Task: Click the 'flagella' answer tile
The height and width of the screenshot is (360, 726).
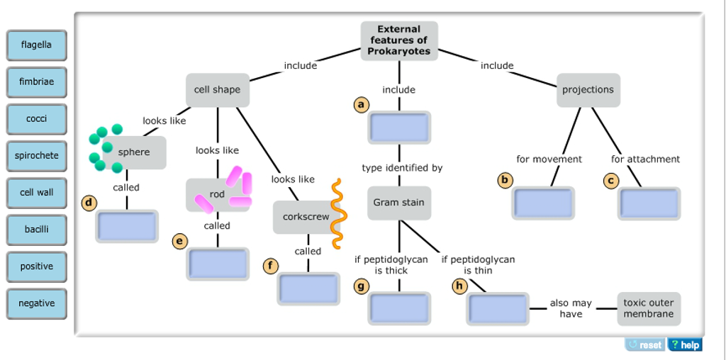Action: coord(36,45)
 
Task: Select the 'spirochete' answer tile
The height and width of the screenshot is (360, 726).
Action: coord(36,156)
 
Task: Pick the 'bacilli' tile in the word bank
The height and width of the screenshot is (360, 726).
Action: coord(36,230)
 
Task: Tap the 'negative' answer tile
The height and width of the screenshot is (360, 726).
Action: coord(36,303)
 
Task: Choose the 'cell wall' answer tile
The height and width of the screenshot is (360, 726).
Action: coord(36,193)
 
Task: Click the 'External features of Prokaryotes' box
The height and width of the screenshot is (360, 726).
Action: coord(399,40)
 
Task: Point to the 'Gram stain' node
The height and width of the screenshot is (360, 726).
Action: coord(399,203)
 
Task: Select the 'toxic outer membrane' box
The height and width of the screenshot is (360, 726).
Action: coord(649,308)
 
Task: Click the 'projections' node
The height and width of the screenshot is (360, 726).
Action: coord(588,90)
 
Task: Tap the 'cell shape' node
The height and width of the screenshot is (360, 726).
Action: coord(218,90)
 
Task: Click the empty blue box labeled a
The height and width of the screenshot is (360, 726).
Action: coord(399,128)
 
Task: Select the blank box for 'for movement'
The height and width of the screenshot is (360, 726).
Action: coord(543,203)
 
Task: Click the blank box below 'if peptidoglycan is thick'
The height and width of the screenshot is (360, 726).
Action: coord(399,308)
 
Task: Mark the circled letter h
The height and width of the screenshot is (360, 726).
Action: coord(459,286)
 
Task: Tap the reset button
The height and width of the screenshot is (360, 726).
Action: coord(644,345)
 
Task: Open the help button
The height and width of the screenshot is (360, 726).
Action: coord(684,345)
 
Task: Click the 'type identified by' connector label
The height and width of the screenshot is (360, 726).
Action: coord(402,168)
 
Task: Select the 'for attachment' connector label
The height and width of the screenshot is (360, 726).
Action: coord(645,159)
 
